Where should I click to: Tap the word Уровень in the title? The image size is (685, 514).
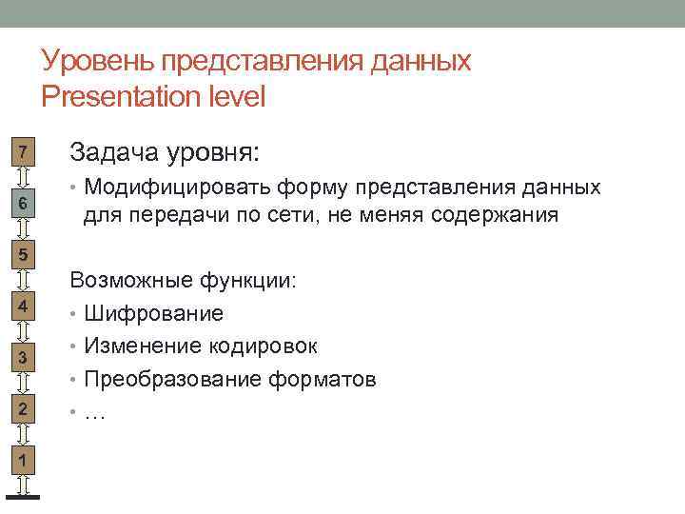click(99, 62)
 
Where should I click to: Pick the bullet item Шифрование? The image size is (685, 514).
click(153, 313)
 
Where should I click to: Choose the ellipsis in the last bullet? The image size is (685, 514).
click(95, 412)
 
